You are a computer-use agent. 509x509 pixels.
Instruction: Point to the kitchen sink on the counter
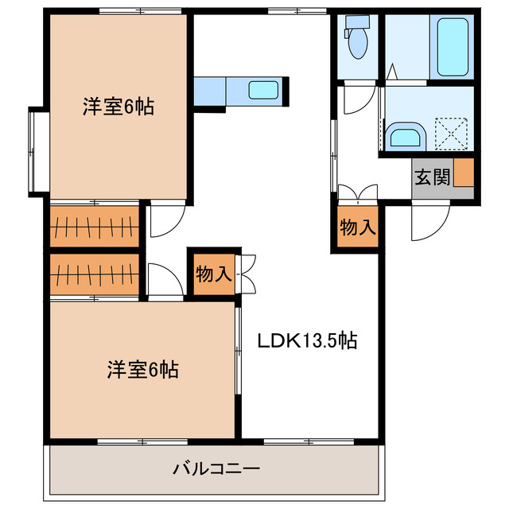[x=264, y=89]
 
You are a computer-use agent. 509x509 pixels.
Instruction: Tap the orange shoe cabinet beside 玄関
[x=464, y=173]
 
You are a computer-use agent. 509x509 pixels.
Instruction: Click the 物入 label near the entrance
[x=357, y=227]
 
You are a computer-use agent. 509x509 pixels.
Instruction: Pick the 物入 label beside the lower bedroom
[x=212, y=274]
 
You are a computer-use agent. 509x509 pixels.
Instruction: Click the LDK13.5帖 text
[x=305, y=341]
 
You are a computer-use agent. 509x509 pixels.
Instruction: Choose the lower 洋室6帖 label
[x=143, y=369]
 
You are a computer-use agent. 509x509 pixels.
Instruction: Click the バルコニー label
[x=216, y=468]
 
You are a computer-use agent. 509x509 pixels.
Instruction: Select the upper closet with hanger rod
[x=95, y=226]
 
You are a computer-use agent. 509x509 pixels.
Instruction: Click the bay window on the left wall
[x=37, y=151]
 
